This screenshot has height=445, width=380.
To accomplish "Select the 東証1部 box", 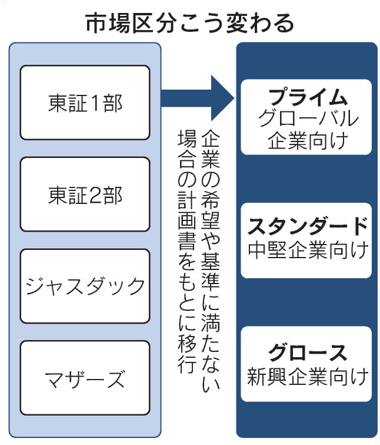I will click(x=85, y=103).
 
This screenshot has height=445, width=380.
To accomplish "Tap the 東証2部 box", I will click(x=85, y=195).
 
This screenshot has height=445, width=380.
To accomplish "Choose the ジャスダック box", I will click(x=85, y=286).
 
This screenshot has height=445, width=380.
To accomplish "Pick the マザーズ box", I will click(x=85, y=378).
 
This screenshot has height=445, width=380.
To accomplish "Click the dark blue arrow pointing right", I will click(x=197, y=96).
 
